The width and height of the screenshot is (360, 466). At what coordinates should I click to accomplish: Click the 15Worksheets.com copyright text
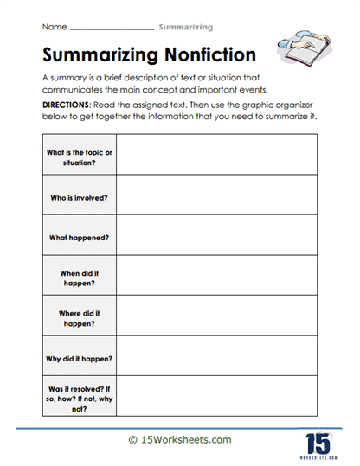pos(180,440)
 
